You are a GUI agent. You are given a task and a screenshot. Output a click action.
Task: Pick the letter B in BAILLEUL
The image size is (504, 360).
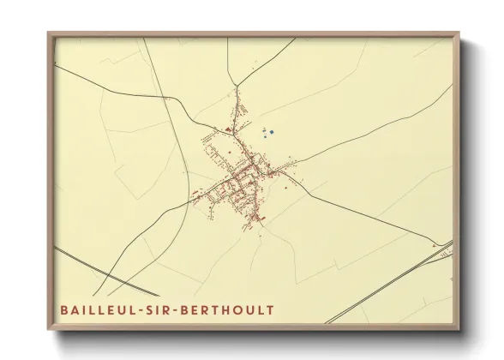[x=63, y=309]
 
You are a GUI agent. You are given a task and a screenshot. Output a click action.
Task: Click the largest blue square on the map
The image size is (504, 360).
[x=273, y=132]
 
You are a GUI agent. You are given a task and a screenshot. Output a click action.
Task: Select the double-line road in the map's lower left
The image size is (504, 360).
[x=94, y=267]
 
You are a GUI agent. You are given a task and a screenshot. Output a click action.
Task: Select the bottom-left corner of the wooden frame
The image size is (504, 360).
[x=49, y=328]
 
